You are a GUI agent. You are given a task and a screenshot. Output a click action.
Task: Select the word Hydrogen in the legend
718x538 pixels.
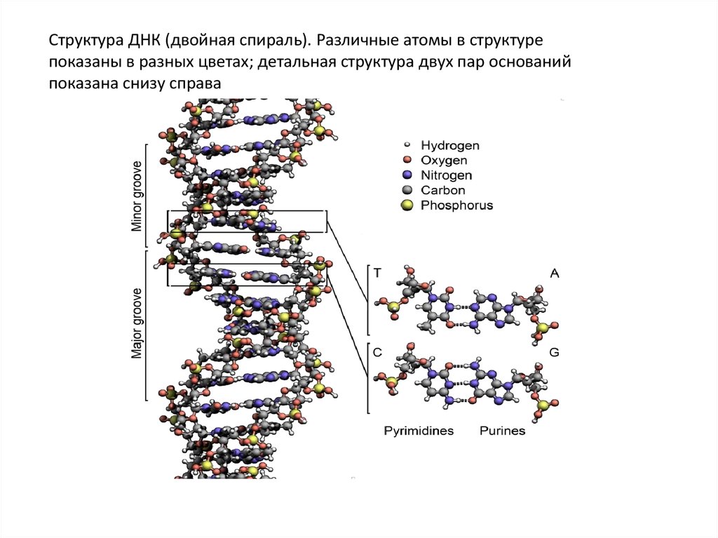pyautogui.click(x=450, y=146)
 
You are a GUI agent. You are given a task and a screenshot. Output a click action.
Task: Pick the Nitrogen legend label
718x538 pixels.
pyautogui.click(x=447, y=175)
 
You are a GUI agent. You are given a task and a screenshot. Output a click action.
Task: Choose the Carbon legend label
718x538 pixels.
pyautogui.click(x=443, y=190)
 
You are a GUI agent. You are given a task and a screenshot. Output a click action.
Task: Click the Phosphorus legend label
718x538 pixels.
pyautogui.click(x=456, y=206)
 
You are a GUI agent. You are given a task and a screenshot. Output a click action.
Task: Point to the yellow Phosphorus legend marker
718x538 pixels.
pyautogui.click(x=407, y=206)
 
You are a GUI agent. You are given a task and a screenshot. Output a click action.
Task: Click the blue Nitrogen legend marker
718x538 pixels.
pyautogui.click(x=407, y=175)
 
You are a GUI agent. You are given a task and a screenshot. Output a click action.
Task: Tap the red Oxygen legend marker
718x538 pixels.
pyautogui.click(x=407, y=161)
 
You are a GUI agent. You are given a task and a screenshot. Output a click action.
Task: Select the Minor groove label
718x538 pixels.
pyautogui.click(x=137, y=196)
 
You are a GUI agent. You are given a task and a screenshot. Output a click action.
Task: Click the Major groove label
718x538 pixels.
pyautogui.click(x=137, y=323)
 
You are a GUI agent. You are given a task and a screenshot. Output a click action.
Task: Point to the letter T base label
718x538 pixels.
pyautogui.click(x=378, y=274)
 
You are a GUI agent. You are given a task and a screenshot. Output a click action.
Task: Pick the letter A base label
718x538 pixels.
pyautogui.click(x=554, y=274)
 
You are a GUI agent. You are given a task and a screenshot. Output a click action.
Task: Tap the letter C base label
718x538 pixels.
pyautogui.click(x=378, y=353)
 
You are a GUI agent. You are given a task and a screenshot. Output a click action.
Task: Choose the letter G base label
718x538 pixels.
pyautogui.click(x=554, y=353)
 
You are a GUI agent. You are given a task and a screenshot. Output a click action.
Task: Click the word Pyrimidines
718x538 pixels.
pyautogui.click(x=419, y=431)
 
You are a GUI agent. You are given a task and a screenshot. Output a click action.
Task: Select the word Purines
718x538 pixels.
pyautogui.click(x=502, y=431)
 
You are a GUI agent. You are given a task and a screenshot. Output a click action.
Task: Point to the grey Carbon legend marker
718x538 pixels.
pyautogui.click(x=407, y=190)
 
